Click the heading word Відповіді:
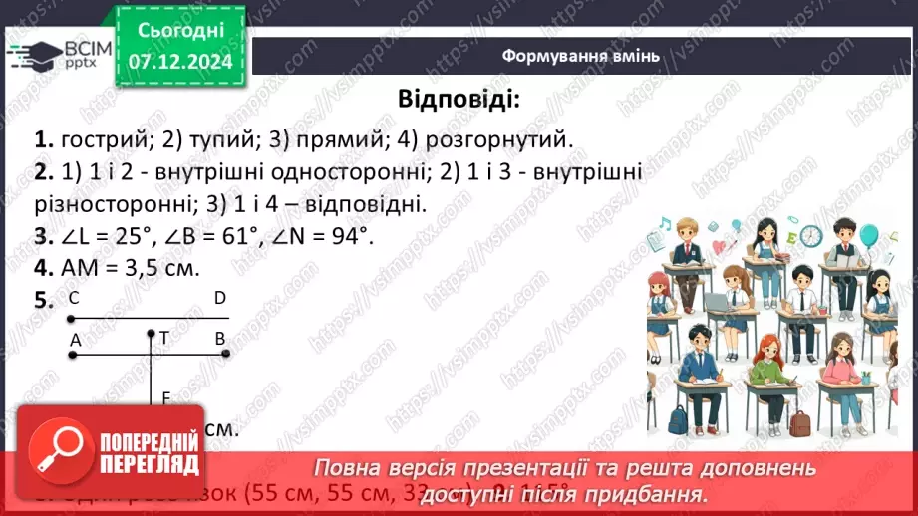pos(459,100)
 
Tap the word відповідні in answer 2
pos(368,204)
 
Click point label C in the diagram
pos(74,298)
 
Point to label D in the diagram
pos(219,298)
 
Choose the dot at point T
pos(151,334)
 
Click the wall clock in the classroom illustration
pos(809,236)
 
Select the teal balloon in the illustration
pos(868,236)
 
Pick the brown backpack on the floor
pos(798,423)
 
